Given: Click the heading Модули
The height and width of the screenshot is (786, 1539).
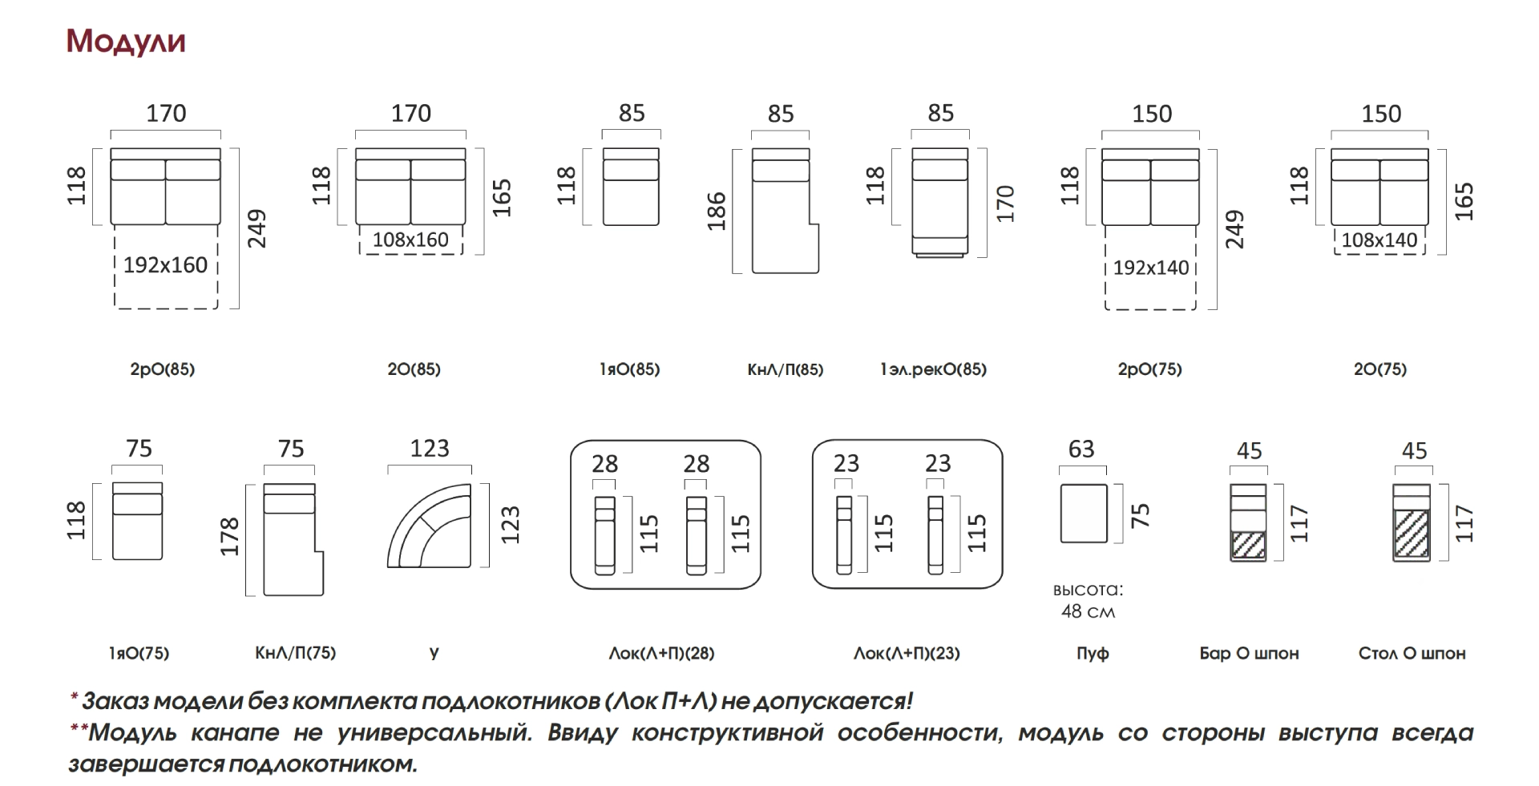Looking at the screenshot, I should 126,41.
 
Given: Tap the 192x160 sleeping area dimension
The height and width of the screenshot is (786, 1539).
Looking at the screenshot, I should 165,265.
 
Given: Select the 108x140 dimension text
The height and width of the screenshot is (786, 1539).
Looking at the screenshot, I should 1379,240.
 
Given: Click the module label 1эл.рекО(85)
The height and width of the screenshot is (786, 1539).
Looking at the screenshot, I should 932,369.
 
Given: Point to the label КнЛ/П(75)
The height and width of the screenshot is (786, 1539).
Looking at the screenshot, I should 295,653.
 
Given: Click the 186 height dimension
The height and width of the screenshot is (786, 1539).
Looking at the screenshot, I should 717,211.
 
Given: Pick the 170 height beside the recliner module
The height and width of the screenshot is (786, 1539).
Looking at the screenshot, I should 1005,204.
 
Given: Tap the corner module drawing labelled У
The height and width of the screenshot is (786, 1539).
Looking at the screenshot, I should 430,526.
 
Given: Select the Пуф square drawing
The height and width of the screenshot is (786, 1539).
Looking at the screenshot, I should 1083,514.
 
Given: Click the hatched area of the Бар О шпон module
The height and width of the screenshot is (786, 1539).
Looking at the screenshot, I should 1248,545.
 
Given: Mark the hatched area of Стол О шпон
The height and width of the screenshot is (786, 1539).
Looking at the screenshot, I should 1411,534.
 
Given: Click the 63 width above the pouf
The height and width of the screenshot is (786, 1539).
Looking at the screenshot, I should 1081,449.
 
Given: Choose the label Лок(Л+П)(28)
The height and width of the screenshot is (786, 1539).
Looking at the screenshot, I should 661,653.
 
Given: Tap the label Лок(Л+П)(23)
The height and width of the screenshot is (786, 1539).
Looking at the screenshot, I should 906,653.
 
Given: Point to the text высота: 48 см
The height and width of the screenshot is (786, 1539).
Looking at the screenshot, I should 1088,601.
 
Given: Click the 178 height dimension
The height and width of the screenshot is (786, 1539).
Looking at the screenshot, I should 230,536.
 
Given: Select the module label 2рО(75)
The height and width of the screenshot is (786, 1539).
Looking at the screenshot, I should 1149,369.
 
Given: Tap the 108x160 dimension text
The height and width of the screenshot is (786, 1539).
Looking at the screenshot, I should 410,240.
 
